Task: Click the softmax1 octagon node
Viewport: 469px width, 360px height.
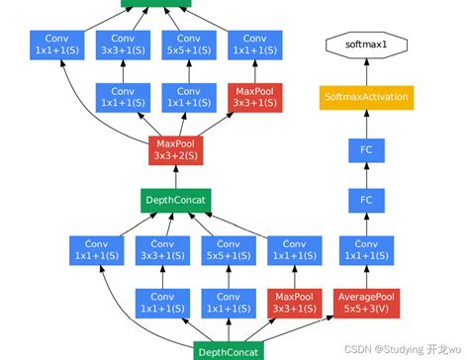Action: (365, 45)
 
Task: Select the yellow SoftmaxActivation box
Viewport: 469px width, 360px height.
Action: (365, 97)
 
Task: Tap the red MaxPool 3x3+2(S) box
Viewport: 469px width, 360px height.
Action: (176, 148)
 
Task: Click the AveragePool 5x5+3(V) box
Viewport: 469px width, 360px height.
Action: (365, 304)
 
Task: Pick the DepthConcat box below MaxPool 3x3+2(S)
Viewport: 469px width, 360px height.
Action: (176, 201)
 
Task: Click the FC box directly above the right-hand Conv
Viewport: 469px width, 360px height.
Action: (365, 201)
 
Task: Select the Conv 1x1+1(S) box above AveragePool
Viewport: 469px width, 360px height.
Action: (365, 251)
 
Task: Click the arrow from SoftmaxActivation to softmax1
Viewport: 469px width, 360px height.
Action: (365, 70)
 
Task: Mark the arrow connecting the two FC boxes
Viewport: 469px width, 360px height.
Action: (365, 175)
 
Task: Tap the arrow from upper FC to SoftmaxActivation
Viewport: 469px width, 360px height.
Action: (365, 124)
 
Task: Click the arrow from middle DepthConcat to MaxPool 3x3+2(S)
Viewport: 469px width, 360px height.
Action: (176, 175)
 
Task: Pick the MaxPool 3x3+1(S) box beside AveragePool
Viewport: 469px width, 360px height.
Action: (293, 304)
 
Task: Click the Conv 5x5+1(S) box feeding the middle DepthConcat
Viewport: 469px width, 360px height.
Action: (229, 251)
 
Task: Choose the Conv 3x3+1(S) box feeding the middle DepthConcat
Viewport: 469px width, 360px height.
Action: (162, 251)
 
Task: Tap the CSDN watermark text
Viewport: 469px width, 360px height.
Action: (393, 348)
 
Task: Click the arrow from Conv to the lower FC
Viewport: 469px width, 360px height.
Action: (365, 225)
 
